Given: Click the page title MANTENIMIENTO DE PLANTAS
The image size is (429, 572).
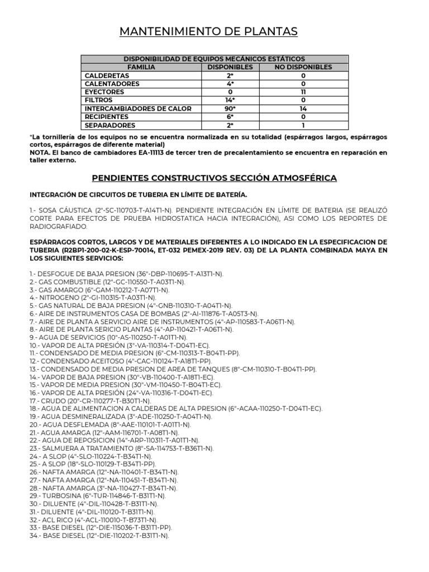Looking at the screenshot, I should click(x=209, y=32).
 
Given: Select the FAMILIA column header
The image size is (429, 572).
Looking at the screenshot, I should click(x=141, y=67).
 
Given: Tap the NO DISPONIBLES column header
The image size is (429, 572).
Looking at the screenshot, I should click(x=303, y=67).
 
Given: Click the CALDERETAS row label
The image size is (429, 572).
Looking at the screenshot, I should click(x=107, y=75).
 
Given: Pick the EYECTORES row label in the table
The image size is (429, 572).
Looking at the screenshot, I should click(x=105, y=92).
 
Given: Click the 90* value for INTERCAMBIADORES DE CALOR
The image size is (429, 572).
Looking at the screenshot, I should click(x=230, y=108).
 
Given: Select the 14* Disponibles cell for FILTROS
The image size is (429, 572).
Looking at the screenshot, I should click(x=230, y=100).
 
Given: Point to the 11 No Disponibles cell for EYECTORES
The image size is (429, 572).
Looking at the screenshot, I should click(x=303, y=92).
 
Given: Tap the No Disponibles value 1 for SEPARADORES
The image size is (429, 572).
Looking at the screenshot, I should click(x=303, y=125).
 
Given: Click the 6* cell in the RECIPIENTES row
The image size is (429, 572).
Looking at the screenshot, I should click(x=230, y=116).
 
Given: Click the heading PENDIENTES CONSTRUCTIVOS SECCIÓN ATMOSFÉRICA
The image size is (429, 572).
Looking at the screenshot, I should click(x=214, y=178).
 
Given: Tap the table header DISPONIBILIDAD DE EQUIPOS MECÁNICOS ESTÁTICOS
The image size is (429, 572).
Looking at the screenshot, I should click(x=214, y=59).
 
